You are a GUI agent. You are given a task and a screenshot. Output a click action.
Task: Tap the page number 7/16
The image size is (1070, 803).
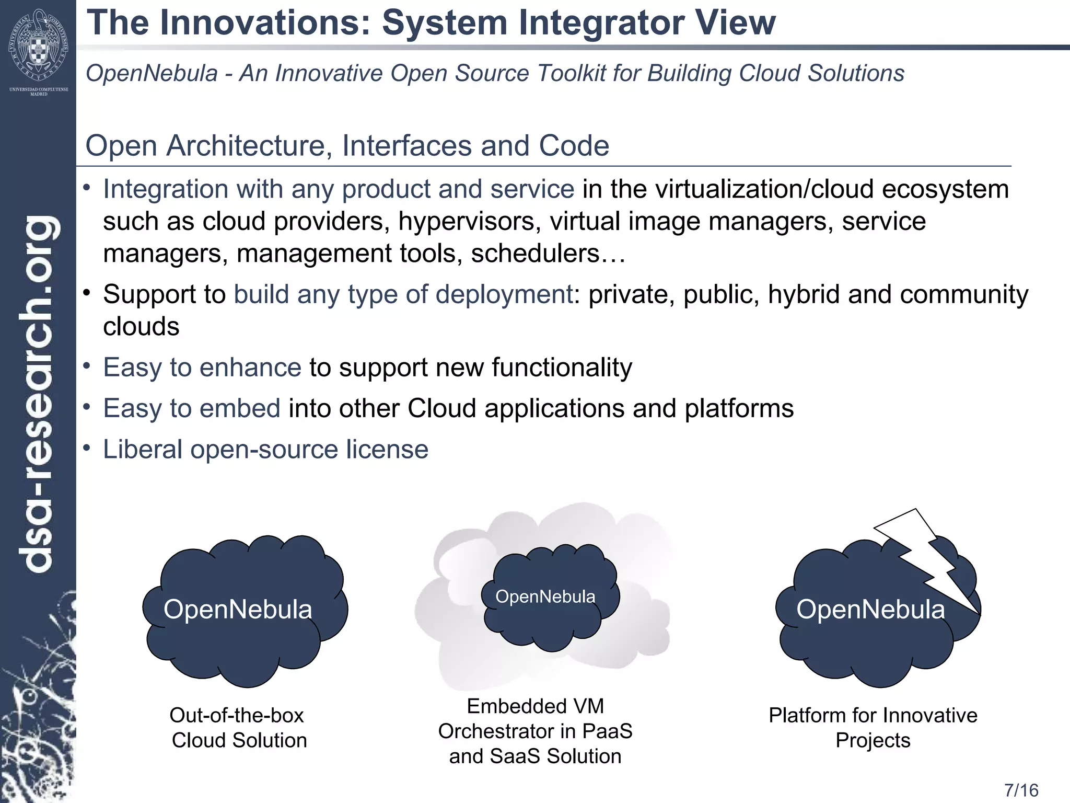point(1021,790)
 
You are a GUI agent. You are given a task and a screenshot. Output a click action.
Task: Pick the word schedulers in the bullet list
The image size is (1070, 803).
point(534,254)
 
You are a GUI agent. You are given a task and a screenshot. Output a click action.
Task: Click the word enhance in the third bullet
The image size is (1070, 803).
point(250,368)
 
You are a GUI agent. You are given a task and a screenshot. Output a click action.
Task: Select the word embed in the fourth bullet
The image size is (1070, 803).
point(240,408)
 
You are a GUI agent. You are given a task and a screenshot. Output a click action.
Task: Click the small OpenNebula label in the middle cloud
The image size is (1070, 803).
point(545,596)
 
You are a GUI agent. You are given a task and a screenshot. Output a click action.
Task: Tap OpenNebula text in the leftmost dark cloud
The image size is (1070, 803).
point(238,610)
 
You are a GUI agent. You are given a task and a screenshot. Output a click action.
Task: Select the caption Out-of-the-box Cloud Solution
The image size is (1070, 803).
point(238,728)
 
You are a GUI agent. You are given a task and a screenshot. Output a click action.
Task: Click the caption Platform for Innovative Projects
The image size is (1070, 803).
point(873,728)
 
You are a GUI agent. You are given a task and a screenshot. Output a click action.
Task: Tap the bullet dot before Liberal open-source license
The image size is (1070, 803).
point(87,449)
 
